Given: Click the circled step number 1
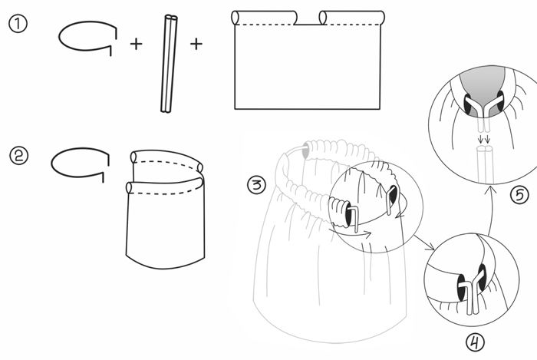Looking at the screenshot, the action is point(17,25).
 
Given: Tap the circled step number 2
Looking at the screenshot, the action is point(19,156).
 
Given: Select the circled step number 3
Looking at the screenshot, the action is point(256,185).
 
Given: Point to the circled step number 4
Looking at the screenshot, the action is point(476,342).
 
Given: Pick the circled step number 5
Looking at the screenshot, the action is point(519,196).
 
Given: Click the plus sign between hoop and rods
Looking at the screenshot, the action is point(136,44).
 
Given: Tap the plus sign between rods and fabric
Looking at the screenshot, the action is point(196,44).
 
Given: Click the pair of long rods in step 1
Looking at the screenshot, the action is point(170,64).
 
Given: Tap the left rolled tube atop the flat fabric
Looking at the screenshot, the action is point(264,18).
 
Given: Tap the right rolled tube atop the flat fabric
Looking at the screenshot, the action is point(351,18).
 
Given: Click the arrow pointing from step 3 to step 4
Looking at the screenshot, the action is point(424,243).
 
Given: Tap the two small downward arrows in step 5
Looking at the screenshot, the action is point(484,139).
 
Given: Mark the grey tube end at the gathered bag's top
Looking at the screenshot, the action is point(305,151).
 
